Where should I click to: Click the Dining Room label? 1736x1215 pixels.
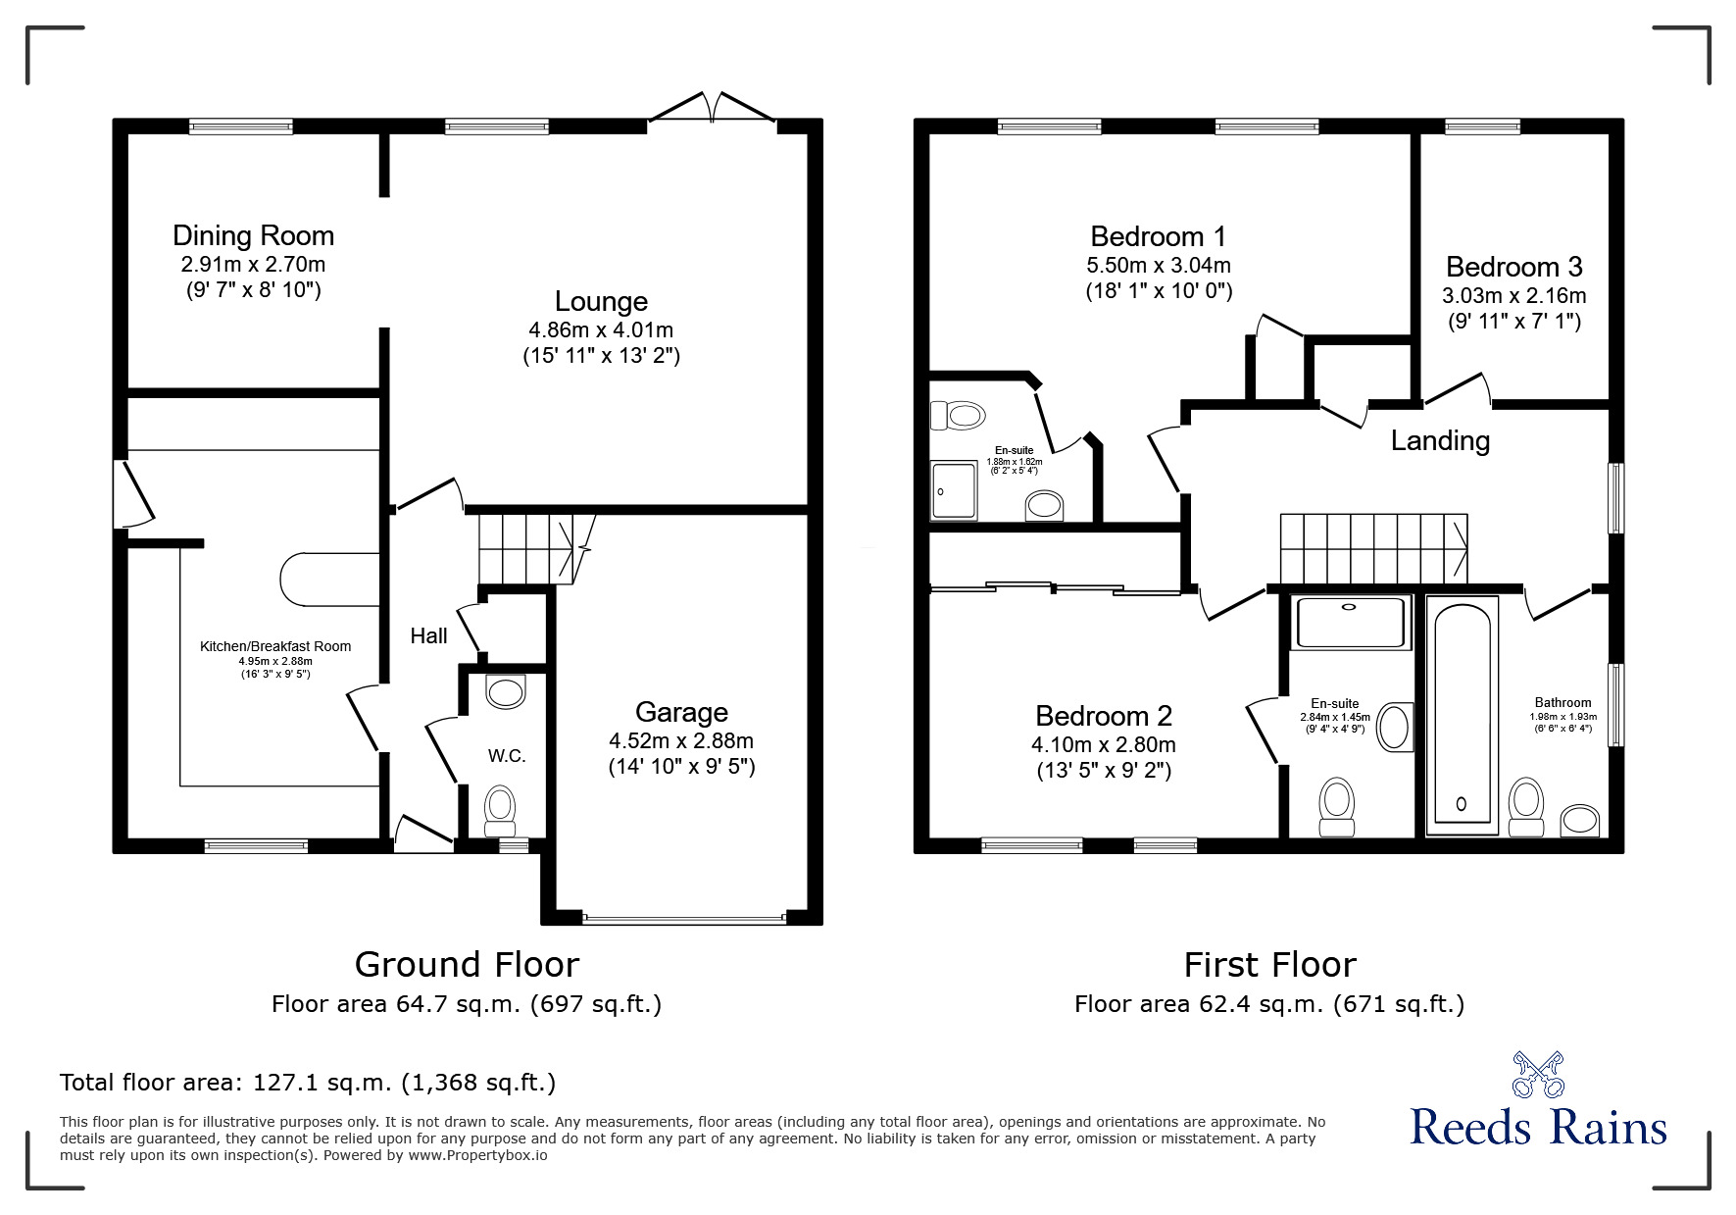click(253, 236)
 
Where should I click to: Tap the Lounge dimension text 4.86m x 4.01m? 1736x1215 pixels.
click(601, 329)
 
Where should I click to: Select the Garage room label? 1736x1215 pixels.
click(681, 713)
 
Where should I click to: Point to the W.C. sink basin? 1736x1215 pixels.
click(506, 690)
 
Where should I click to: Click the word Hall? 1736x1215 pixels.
click(428, 636)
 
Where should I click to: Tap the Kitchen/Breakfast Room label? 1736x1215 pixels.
click(275, 646)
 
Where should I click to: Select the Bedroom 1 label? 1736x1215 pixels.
click(1158, 236)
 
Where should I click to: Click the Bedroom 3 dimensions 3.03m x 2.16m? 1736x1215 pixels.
click(1513, 295)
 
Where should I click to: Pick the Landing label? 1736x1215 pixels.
click(1440, 441)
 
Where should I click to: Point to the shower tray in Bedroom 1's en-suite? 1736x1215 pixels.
click(954, 490)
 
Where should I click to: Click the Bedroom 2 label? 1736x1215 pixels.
click(1104, 716)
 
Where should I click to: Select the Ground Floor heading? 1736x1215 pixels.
click(467, 965)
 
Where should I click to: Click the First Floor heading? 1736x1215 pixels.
click(1269, 965)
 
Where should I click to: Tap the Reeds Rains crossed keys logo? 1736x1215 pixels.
click(1538, 1075)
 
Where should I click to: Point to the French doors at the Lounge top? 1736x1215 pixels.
click(713, 108)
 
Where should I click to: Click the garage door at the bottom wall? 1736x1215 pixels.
click(684, 919)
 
